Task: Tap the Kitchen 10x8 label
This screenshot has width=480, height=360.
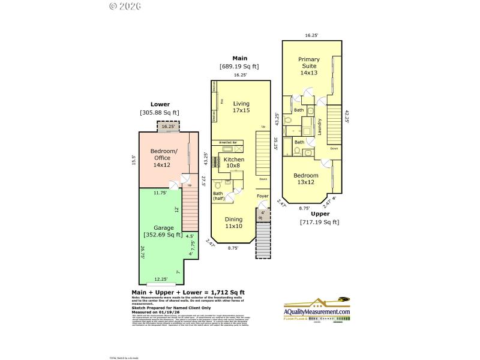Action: (234, 163)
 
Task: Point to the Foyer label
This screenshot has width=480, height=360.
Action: (263, 196)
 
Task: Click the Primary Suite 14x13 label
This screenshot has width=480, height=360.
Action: (310, 66)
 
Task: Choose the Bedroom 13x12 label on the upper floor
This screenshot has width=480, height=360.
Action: (305, 179)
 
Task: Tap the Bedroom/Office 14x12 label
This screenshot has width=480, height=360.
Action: (162, 158)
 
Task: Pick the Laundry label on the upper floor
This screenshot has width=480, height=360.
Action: (320, 127)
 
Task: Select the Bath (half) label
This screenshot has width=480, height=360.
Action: (219, 196)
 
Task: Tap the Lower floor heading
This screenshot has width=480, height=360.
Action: (160, 104)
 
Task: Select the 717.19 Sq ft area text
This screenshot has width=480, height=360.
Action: (319, 222)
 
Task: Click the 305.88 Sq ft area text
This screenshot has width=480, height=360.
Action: (160, 112)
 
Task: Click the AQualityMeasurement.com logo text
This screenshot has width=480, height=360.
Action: (316, 312)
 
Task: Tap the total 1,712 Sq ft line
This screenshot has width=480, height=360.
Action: (188, 292)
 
